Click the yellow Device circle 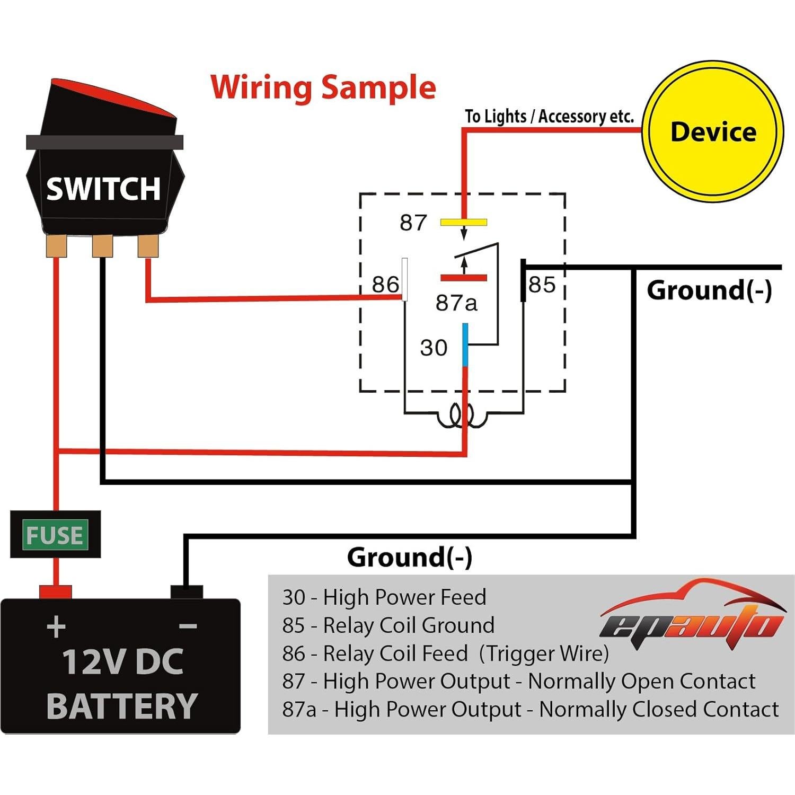tap(712, 131)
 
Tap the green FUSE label tap(55, 535)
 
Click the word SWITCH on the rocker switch tap(103, 189)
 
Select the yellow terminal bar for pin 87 tap(463, 223)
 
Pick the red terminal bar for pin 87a tap(463, 278)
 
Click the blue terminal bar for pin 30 tap(465, 345)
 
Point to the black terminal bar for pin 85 tap(523, 280)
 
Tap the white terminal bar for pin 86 tap(405, 279)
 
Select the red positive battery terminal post tap(55, 591)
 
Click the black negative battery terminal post tap(186, 591)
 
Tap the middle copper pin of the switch tap(102, 246)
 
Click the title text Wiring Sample tap(323, 87)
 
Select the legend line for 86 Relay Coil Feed tap(445, 653)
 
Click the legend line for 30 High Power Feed tap(384, 597)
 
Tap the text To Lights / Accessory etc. tap(549, 117)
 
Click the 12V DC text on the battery tap(122, 662)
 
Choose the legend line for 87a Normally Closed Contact tap(530, 709)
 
